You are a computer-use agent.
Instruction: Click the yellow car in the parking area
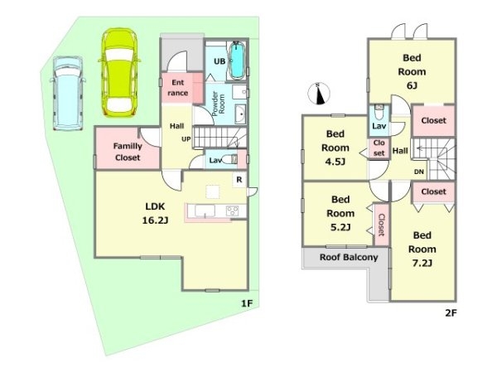[119, 73]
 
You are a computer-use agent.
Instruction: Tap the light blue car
[68, 94]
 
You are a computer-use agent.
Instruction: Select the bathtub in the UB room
[236, 61]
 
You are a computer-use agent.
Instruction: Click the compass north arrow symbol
[319, 94]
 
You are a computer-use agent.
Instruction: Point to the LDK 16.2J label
[155, 213]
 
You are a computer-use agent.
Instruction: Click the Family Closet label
[128, 152]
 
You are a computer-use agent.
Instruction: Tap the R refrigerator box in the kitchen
[239, 180]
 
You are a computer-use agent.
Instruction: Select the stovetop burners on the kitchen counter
[232, 211]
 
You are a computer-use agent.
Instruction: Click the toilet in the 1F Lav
[229, 159]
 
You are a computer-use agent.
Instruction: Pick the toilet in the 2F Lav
[379, 112]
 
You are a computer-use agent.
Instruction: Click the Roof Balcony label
[349, 257]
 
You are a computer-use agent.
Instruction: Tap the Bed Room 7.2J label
[422, 249]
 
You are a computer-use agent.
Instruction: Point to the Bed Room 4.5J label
[335, 148]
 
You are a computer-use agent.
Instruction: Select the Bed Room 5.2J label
[340, 213]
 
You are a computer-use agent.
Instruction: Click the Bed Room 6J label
[412, 71]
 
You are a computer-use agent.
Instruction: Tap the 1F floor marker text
[247, 303]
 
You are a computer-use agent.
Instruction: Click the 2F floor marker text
[451, 313]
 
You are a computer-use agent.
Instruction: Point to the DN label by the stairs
[418, 172]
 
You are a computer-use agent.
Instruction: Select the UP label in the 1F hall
[186, 139]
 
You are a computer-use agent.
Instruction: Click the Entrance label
[178, 88]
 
